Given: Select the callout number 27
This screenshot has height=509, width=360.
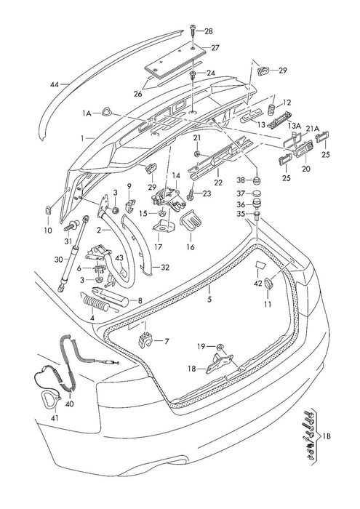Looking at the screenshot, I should tap(215, 47).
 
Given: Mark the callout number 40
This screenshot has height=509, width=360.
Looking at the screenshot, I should tap(70, 404).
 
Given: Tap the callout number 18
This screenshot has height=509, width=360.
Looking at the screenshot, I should tap(191, 369).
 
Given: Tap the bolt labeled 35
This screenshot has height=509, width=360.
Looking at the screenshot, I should tap(259, 215).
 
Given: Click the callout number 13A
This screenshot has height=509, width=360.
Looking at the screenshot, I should tap(294, 126).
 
